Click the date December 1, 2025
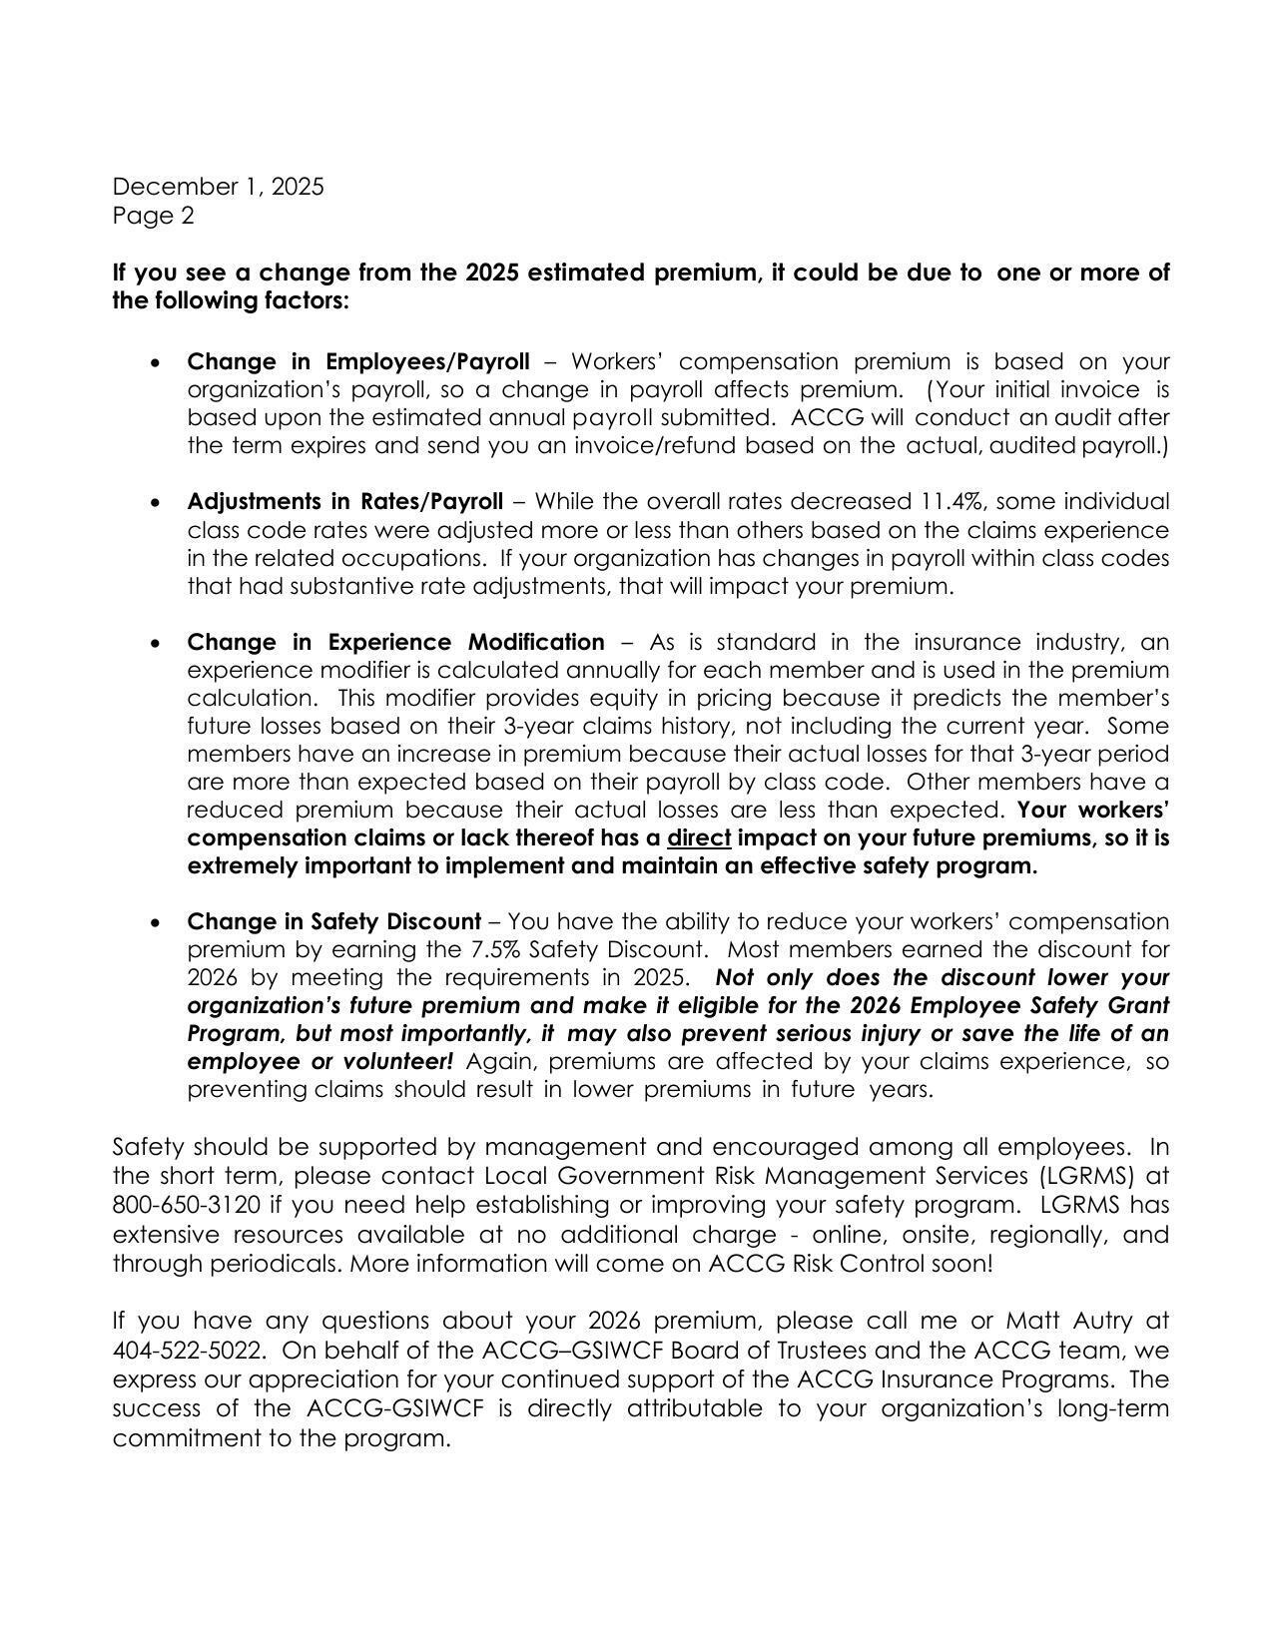coord(218,187)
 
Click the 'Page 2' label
coord(153,216)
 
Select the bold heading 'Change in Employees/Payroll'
coord(357,361)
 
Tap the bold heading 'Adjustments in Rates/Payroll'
coord(344,501)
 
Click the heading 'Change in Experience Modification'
coord(395,642)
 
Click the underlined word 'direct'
coord(699,837)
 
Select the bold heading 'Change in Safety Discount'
coord(333,921)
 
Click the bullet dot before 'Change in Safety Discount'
coord(154,923)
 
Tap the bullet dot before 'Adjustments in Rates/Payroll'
coord(154,503)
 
